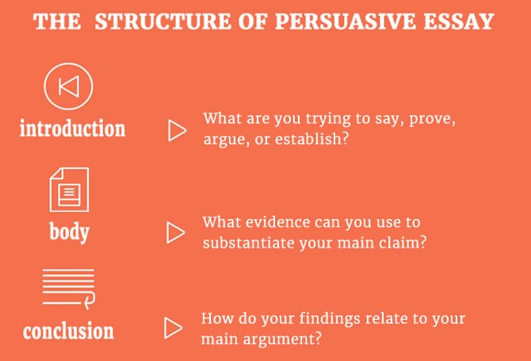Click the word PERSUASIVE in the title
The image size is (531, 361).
345,21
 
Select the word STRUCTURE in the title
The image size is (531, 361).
163,21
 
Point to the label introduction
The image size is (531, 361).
72,129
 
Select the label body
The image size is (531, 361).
70,232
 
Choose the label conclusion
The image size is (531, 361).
68,331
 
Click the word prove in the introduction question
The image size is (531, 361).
432,120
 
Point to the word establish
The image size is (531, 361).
311,139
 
